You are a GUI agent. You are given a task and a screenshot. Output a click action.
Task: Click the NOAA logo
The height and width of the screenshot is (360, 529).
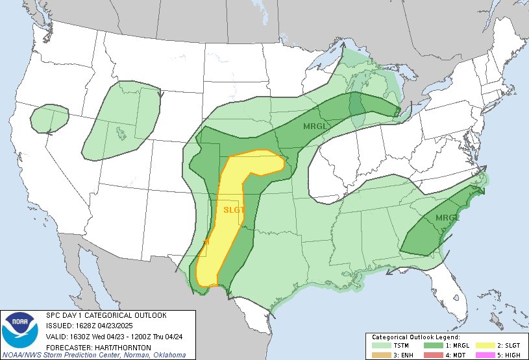click(x=20, y=330)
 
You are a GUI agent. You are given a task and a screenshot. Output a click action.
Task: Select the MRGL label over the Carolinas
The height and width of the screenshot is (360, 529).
click(x=447, y=217)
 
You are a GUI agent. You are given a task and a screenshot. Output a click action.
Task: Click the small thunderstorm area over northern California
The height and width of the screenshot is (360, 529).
click(x=49, y=119)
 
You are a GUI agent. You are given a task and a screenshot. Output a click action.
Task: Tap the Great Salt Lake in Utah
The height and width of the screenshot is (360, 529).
click(x=121, y=134)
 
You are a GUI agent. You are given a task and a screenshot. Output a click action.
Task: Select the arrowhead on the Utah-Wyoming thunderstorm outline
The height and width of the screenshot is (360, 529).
click(x=160, y=93)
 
